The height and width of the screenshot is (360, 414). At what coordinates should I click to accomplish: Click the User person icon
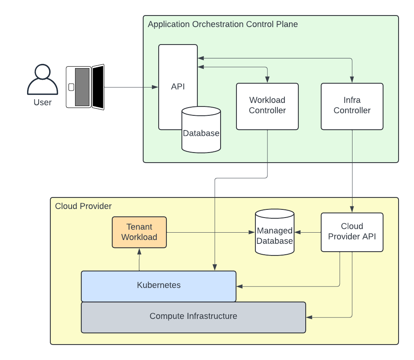[43, 80]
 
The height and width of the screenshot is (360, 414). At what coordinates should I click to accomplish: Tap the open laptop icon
[85, 87]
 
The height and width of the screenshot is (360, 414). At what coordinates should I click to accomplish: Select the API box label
[178, 87]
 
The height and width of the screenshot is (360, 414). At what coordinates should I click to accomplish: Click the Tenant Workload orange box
[139, 232]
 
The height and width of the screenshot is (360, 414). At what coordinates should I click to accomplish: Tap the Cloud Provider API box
[352, 232]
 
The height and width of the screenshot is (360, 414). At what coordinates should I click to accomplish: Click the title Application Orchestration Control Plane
[223, 24]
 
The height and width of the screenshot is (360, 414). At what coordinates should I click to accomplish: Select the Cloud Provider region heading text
[83, 206]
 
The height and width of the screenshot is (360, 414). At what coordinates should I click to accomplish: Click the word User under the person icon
[43, 103]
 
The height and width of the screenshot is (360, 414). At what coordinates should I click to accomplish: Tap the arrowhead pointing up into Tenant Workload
[139, 251]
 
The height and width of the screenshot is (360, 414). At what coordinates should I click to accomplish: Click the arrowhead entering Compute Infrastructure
[309, 317]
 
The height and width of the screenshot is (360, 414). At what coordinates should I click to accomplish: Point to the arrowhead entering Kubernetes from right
[239, 286]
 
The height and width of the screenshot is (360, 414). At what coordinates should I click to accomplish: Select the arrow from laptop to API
[132, 87]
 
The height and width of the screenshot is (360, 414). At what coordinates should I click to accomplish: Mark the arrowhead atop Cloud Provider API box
[352, 210]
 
